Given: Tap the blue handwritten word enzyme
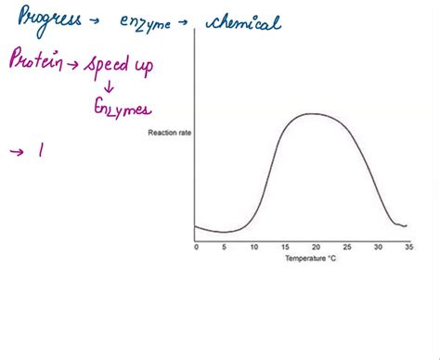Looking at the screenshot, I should point(148,22).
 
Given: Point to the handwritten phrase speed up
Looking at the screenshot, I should point(121,67).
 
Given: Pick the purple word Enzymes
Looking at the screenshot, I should point(122,110).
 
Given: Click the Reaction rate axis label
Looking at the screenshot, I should point(168,133).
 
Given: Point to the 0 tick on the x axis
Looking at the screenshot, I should point(196,248).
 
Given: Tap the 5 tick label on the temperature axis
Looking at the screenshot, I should point(226,248).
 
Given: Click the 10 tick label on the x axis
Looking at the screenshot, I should point(254,248).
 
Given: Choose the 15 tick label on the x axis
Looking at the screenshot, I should point(285,248).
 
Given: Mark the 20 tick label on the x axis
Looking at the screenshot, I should point(316,248).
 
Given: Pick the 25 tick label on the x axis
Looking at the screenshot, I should point(346,248).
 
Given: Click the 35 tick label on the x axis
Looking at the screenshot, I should point(407,248).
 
